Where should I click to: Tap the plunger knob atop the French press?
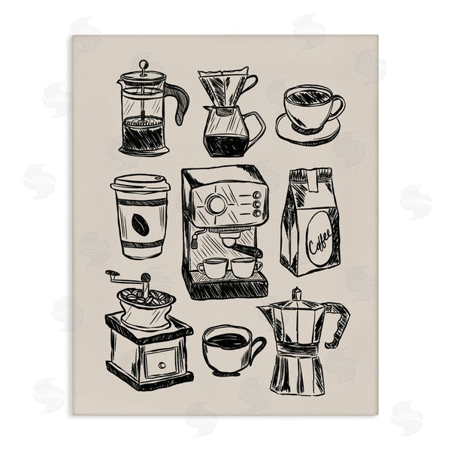[143, 65]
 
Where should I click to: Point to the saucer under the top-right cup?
[307, 132]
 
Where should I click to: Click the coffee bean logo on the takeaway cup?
[140, 222]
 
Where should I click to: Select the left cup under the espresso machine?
[213, 267]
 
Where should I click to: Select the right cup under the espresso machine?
[244, 266]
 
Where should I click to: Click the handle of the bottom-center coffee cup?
[256, 347]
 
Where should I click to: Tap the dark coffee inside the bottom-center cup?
[226, 341]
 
